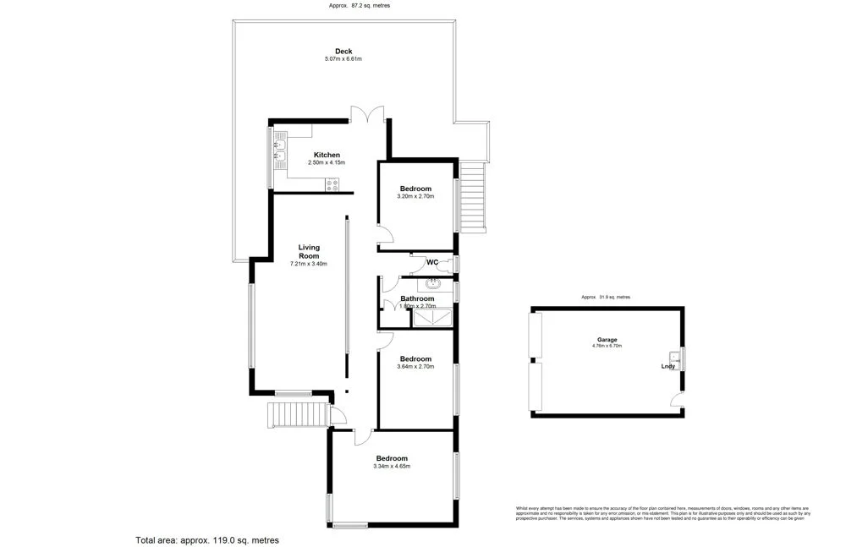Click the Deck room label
343,52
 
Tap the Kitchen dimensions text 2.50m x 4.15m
327,162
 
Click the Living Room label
309,251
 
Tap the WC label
431,262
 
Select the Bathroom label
417,298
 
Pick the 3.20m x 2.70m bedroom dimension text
415,196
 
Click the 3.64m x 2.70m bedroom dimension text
415,367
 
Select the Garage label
607,339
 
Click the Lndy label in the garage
668,366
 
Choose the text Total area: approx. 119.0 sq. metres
207,539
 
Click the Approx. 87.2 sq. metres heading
360,6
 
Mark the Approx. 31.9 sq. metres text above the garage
606,298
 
